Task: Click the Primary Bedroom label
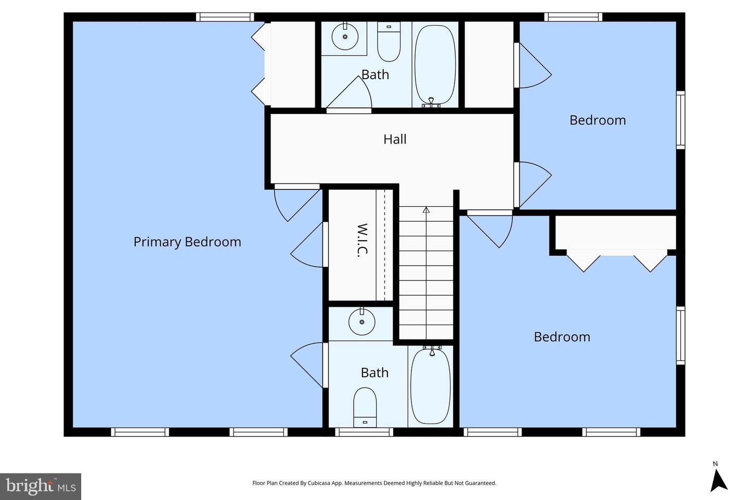click(x=187, y=242)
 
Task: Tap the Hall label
click(x=395, y=139)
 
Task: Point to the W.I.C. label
click(x=363, y=240)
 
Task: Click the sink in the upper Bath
click(x=345, y=36)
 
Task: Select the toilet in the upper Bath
click(x=389, y=42)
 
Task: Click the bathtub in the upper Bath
click(x=435, y=65)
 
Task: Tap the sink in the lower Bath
click(x=362, y=321)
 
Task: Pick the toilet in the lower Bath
click(x=365, y=407)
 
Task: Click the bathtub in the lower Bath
click(x=431, y=386)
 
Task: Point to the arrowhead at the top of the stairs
click(x=426, y=210)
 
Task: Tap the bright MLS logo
click(x=41, y=486)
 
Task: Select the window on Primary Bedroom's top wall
click(x=225, y=17)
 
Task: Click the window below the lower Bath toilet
click(x=364, y=432)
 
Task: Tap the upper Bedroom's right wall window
click(x=681, y=120)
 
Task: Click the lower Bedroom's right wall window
click(x=681, y=335)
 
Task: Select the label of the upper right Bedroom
click(x=598, y=120)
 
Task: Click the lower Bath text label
click(x=374, y=373)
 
